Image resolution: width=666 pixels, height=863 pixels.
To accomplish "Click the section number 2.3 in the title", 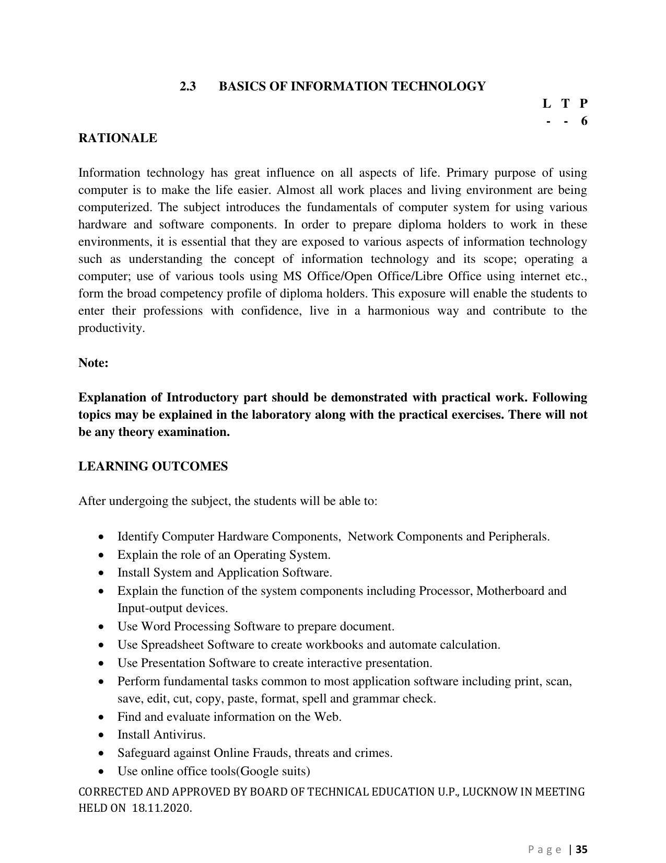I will pyautogui.click(x=188, y=86).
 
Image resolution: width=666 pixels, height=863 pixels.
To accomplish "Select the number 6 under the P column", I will pyautogui.click(x=584, y=121).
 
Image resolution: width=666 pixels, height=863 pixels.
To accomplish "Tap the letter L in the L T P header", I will pyautogui.click(x=546, y=103).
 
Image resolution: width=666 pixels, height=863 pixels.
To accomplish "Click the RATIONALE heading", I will pyautogui.click(x=118, y=138).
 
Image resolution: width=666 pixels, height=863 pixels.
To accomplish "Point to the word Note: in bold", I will pyautogui.click(x=94, y=363).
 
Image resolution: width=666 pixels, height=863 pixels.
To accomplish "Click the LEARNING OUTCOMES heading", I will pyautogui.click(x=153, y=466).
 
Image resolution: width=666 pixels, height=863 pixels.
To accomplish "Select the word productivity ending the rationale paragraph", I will pyautogui.click(x=111, y=328).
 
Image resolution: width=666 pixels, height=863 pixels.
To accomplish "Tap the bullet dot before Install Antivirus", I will pyautogui.click(x=101, y=735).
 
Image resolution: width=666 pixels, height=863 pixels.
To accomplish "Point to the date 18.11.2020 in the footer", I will pyautogui.click(x=161, y=808).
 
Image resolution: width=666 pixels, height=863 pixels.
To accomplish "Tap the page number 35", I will pyautogui.click(x=582, y=849).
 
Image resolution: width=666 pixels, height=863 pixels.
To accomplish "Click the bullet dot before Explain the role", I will pyautogui.click(x=101, y=555).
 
